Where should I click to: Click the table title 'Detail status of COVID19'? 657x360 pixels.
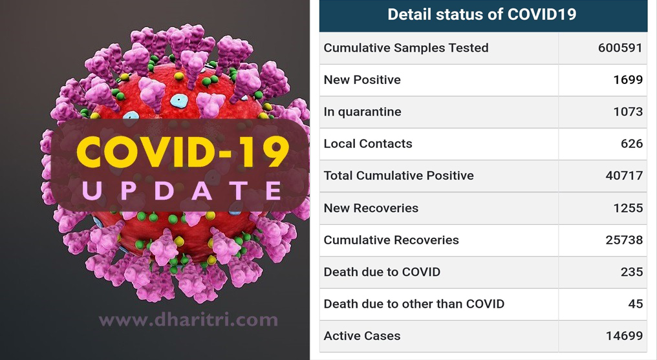482,14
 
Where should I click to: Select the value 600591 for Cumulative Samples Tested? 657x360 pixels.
620,48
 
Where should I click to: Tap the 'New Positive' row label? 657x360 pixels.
362,79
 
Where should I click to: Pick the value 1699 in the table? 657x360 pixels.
628,79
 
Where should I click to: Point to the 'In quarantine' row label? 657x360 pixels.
362,112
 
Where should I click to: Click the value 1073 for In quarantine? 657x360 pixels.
628,112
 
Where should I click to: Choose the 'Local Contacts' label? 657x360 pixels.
368,143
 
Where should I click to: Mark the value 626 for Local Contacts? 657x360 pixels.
631,143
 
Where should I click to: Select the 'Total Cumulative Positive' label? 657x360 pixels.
398,175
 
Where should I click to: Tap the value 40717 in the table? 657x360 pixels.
624,175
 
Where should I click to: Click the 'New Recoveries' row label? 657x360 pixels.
371,208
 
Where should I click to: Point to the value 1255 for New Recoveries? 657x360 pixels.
628,208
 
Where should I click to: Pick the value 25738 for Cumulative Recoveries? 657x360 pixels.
624,240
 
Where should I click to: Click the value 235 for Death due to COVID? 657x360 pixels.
631,272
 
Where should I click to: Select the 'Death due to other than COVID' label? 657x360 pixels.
414,304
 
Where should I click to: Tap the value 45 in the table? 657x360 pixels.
635,304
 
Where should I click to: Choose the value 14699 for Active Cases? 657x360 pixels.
624,335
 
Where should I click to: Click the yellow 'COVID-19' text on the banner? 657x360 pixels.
183,151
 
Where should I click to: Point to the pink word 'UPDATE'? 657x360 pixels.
182,191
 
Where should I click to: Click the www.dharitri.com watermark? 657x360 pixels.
188,320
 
